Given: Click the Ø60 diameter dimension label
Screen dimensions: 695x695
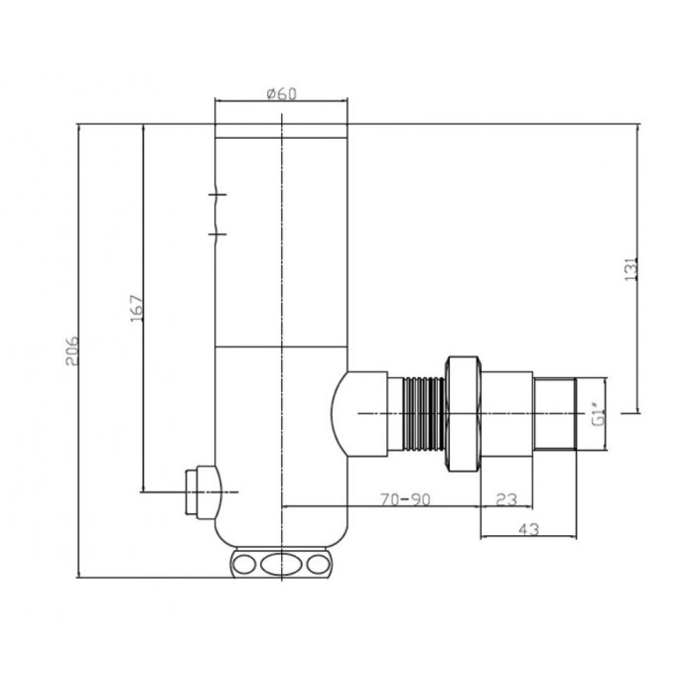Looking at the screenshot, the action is point(281,94).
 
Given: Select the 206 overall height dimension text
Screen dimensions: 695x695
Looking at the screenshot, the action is point(71,350).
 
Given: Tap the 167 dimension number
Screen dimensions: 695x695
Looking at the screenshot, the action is point(137,308).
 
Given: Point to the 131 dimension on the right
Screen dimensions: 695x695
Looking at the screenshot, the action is point(630,269).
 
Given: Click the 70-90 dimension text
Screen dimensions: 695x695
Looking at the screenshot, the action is point(405,499).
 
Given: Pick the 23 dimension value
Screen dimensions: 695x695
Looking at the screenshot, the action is point(506,499).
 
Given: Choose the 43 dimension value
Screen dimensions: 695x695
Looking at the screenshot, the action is point(528,529).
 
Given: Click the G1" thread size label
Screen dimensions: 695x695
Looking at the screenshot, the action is point(600,414).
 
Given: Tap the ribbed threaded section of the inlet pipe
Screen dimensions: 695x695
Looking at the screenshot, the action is point(424,414).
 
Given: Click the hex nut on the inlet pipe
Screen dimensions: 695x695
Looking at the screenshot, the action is point(464,414).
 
